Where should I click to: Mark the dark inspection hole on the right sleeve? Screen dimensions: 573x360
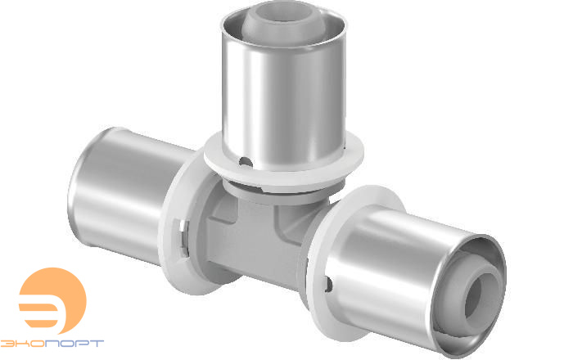[x=328, y=285]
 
